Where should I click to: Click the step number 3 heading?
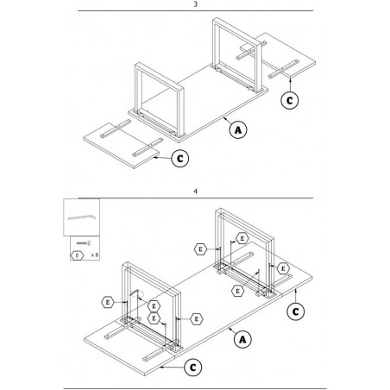click(196, 4)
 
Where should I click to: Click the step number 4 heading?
click(196, 192)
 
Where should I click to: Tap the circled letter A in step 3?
click(238, 129)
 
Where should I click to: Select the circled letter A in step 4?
click(242, 339)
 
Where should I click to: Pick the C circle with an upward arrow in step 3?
click(290, 100)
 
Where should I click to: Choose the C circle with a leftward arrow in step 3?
click(180, 159)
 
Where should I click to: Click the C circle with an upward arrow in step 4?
click(296, 311)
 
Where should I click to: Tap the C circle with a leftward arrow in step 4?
click(193, 368)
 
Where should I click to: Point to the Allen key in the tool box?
click(82, 217)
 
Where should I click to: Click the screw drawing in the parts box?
click(84, 243)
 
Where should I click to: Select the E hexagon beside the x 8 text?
click(77, 255)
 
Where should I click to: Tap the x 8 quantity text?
click(95, 255)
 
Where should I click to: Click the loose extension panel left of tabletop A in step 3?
click(121, 146)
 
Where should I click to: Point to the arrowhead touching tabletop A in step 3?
click(224, 117)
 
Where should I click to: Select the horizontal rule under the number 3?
click(196, 11)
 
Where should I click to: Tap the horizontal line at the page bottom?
click(195, 388)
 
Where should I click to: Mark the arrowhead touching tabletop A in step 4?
click(230, 329)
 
